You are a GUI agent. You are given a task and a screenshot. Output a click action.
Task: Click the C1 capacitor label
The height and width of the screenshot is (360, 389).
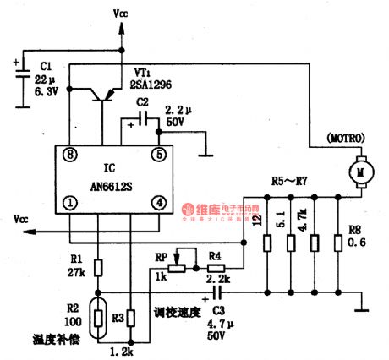[x=47, y=66]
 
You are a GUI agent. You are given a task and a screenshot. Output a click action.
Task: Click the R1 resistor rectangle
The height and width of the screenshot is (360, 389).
[x=97, y=268]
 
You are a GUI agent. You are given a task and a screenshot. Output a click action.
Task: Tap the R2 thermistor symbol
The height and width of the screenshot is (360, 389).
[x=98, y=318]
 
